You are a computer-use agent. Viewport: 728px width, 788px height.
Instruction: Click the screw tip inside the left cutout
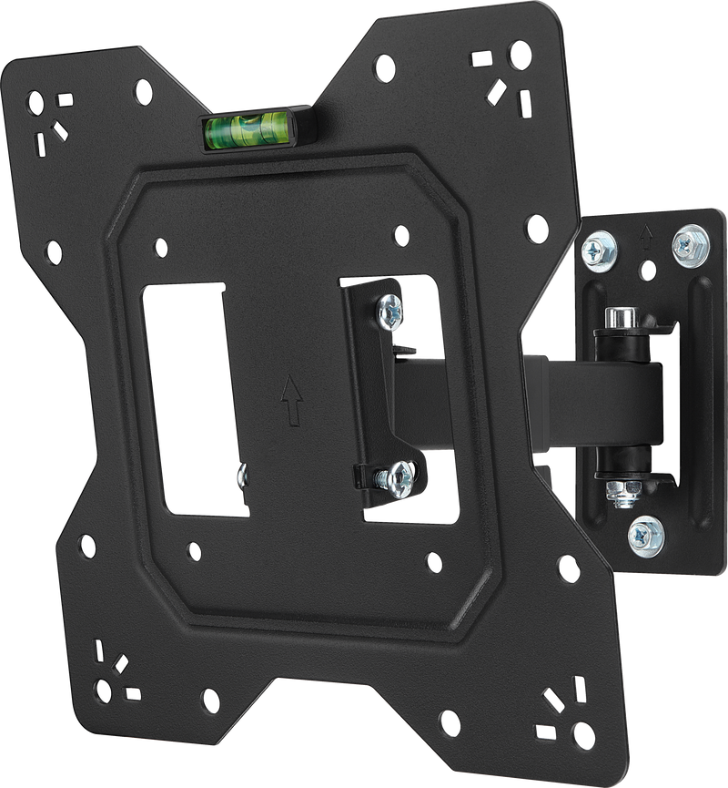pyautogui.click(x=241, y=474)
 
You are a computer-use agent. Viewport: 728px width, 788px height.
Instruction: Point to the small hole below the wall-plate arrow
pyautogui.click(x=647, y=270)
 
